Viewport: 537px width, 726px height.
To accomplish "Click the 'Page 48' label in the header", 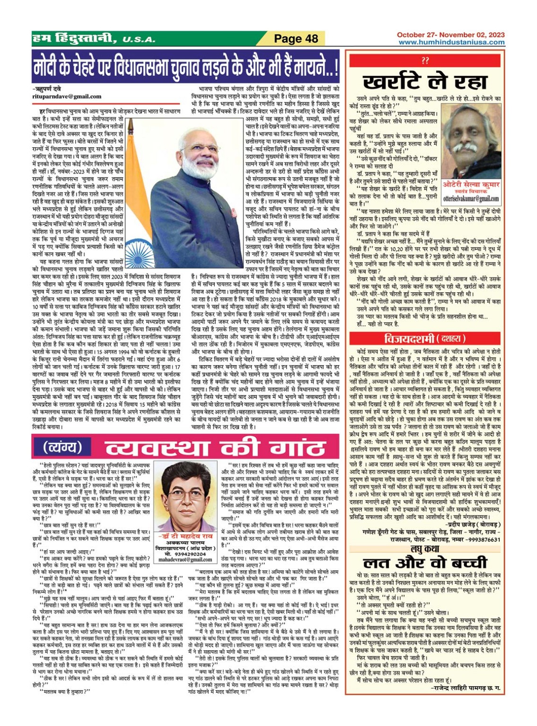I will (x=296, y=39).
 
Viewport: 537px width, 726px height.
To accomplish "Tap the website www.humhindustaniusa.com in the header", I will (x=451, y=42).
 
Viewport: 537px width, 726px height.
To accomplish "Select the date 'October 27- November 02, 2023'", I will (x=450, y=35).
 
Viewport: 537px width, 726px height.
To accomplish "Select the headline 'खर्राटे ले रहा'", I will (x=425, y=81).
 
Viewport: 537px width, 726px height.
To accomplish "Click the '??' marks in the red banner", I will (x=424, y=61).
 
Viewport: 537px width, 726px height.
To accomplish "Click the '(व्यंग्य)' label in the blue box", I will (x=62, y=447).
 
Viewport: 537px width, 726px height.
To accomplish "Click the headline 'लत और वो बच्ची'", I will (x=424, y=563).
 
